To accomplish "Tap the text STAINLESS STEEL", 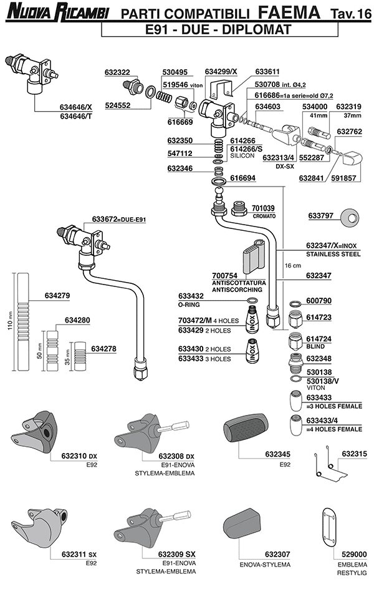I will [333, 255].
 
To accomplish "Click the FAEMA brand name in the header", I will [292, 11].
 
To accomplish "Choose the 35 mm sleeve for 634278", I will [81, 355].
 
